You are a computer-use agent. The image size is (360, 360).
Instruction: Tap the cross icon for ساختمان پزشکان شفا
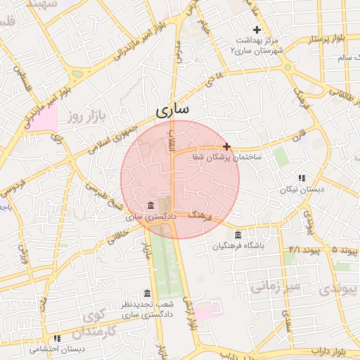(x=226, y=146)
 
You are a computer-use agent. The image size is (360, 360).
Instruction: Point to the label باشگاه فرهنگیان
(x=239, y=246)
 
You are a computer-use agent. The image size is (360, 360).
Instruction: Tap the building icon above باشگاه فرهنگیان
(x=238, y=235)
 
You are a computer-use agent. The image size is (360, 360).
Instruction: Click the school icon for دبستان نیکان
(x=302, y=179)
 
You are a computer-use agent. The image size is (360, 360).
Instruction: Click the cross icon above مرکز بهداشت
(x=257, y=30)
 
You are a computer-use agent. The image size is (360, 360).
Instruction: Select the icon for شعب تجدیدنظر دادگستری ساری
(x=147, y=293)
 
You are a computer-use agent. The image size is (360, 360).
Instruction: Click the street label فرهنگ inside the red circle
(x=199, y=218)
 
